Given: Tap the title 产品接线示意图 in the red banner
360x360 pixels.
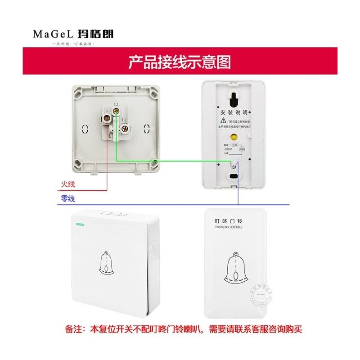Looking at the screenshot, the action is pyautogui.click(x=180, y=62).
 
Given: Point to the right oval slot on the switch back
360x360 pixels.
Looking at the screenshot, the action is pyautogui.click(x=146, y=129).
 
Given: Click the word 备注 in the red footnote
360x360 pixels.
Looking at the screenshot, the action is pyautogui.click(x=73, y=329).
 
